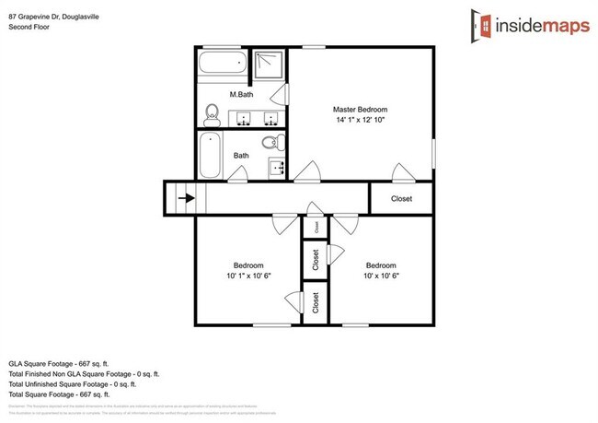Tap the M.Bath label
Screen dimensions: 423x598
242,95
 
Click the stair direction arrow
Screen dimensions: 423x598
187,197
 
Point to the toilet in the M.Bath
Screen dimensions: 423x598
212,113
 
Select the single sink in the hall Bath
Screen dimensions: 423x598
276,168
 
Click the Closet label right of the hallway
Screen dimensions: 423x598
401,198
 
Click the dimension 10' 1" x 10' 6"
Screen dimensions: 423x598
247,275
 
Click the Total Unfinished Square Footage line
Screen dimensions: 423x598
83,384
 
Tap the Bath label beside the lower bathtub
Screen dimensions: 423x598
241,156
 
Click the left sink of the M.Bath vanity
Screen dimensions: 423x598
244,117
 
